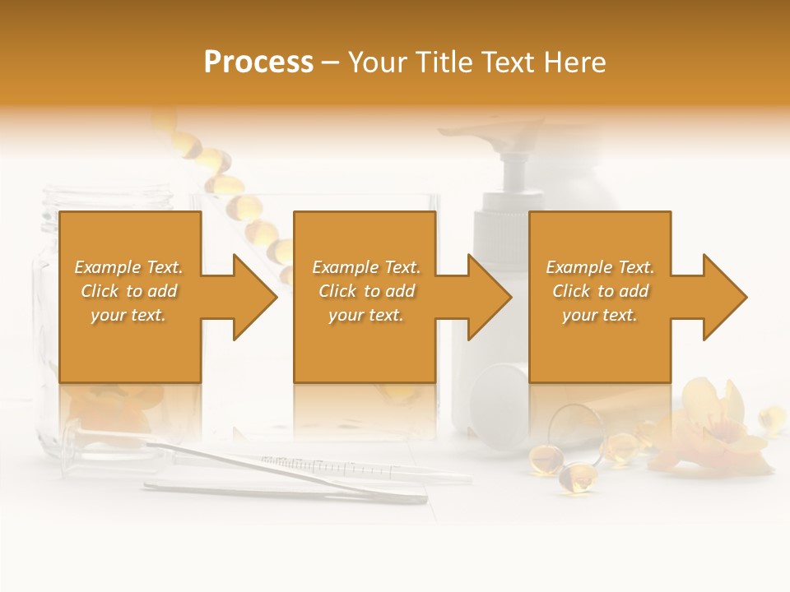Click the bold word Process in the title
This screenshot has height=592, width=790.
(258, 62)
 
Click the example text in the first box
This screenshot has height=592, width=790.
(129, 291)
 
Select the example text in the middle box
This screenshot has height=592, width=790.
(365, 291)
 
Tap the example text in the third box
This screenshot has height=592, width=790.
(600, 291)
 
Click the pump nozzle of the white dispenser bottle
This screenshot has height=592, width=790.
(515, 132)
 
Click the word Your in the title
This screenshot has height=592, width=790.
(377, 62)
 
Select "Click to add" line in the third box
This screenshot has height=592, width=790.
(600, 291)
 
